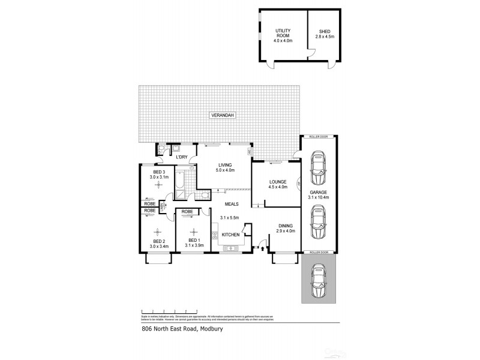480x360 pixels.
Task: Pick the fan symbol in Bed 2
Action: (x=158, y=232)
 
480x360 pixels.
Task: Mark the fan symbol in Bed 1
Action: (x=193, y=232)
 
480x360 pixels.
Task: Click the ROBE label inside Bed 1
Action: (x=187, y=211)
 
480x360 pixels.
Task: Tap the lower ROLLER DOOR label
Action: (x=319, y=253)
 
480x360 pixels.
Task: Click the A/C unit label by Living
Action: (x=249, y=152)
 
